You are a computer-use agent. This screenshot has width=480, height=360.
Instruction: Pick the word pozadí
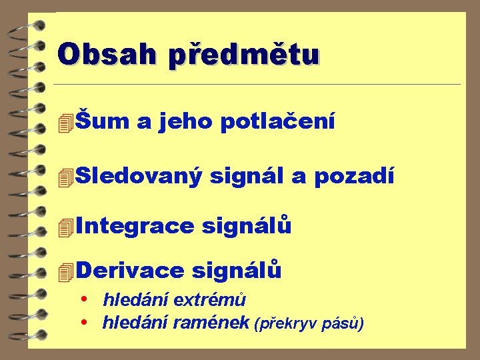coord(354,176)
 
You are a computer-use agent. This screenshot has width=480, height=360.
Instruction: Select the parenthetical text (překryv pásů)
coord(309,324)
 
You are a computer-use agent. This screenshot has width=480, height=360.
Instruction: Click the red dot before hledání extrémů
coord(84,300)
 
